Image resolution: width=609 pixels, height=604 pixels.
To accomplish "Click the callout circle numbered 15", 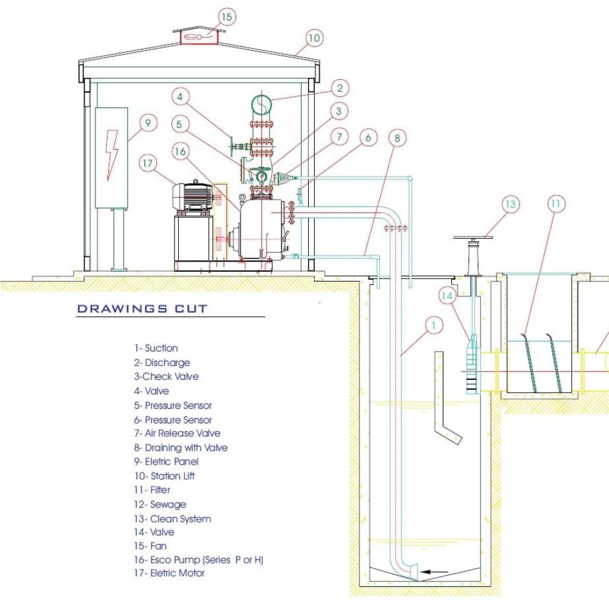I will [227, 17].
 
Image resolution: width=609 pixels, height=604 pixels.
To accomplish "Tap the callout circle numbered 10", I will [313, 38].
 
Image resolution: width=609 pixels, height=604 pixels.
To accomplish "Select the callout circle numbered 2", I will [340, 88].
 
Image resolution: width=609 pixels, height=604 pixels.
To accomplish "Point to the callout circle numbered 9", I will [148, 123].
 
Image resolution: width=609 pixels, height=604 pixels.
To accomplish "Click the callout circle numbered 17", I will [148, 162].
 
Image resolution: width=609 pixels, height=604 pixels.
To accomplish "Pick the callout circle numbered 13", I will [511, 205].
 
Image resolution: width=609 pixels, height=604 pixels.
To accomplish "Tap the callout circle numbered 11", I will [556, 205].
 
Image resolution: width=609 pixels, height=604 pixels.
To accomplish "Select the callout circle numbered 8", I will [397, 138].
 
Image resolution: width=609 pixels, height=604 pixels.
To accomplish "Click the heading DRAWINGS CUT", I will [142, 309].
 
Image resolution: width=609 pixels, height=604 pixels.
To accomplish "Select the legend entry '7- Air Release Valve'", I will [177, 433].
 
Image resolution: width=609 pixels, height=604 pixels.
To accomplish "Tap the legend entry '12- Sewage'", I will [160, 504].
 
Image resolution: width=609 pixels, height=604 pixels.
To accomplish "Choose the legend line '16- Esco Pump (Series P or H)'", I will [199, 560].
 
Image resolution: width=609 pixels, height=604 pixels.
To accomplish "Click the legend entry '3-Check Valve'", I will [166, 376].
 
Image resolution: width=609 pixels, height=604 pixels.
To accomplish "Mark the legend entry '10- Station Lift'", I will [164, 476].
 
